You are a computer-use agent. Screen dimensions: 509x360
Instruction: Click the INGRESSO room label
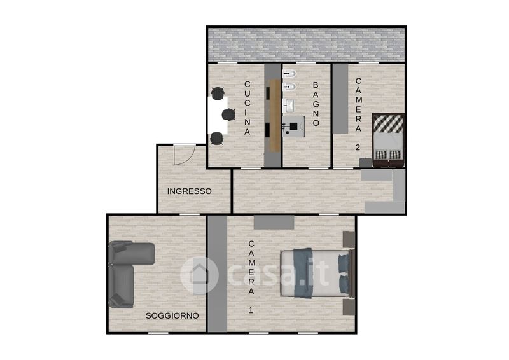[189, 191]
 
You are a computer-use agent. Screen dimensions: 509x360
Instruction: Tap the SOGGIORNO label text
[172, 315]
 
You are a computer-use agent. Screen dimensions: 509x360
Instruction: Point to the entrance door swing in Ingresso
[184, 155]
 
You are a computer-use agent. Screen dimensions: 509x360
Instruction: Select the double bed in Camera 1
[317, 273]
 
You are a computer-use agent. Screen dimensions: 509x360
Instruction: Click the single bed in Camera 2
[388, 140]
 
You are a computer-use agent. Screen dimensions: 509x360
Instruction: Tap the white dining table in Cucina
[218, 115]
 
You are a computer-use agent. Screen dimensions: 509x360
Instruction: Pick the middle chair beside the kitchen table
[229, 114]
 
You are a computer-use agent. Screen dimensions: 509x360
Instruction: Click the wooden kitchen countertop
[275, 115]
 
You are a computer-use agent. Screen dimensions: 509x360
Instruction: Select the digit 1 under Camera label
[250, 310]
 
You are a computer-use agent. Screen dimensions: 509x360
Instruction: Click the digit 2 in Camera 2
[358, 148]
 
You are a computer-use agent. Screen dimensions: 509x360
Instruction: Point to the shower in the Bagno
[293, 127]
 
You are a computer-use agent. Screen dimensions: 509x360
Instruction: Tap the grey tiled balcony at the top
[307, 45]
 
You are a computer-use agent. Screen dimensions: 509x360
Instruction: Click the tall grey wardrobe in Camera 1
[218, 273]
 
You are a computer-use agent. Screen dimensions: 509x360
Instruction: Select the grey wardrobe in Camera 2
[340, 99]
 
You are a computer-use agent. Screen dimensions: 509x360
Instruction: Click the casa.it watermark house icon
[199, 275]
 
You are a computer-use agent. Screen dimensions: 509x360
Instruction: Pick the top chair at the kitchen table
[218, 93]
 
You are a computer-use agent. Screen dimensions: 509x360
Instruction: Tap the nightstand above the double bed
[349, 240]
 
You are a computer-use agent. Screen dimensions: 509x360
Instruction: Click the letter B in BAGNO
[316, 85]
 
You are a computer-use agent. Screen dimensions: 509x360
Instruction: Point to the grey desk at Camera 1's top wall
[274, 223]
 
